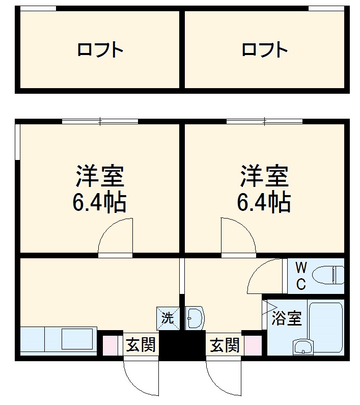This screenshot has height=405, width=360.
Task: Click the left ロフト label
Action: (100, 50)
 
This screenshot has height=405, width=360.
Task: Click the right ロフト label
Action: (265, 50)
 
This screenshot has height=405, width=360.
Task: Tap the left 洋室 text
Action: (100, 177)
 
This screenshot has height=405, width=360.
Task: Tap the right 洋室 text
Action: (265, 177)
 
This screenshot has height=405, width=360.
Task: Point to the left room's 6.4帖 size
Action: (100, 202)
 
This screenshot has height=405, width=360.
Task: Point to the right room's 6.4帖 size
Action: (264, 202)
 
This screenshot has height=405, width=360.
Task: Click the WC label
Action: (301, 276)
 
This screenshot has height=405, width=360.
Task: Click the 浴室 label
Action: (287, 318)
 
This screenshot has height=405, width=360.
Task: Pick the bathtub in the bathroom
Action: (326, 327)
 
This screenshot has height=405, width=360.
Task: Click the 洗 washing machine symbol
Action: (168, 318)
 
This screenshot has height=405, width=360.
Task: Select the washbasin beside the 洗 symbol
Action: (194, 318)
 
